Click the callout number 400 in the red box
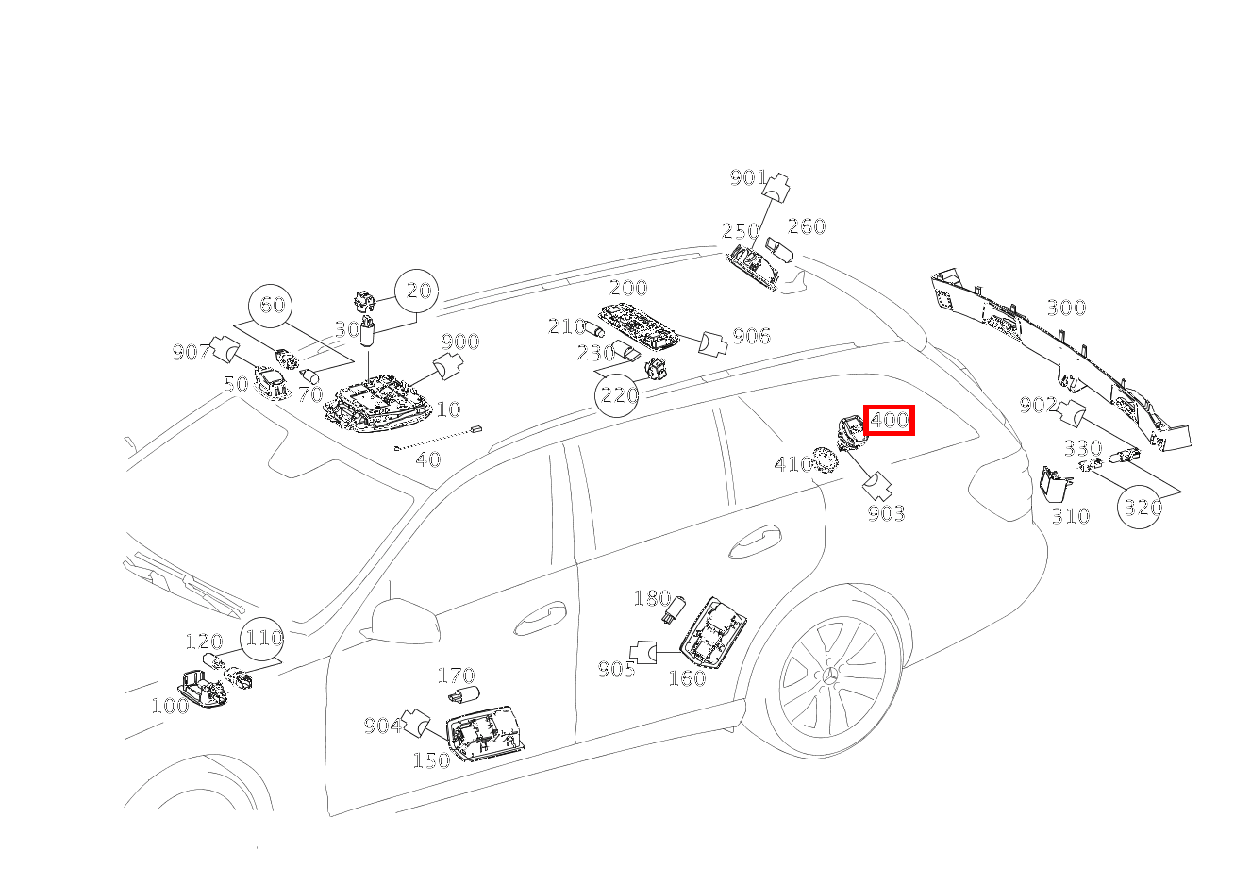tap(889, 420)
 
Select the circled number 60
tap(273, 306)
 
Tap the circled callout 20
tap(418, 292)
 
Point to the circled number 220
tap(619, 394)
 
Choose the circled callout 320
tap(1141, 508)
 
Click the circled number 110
tap(263, 639)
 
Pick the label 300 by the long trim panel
tap(1066, 309)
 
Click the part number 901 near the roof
tap(747, 178)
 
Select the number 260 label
tap(807, 226)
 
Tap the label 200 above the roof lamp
tap(628, 289)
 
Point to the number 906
tap(751, 337)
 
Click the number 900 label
tap(460, 342)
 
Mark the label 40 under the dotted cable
tap(428, 460)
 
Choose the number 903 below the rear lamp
tap(886, 513)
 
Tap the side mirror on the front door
tap(405, 620)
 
